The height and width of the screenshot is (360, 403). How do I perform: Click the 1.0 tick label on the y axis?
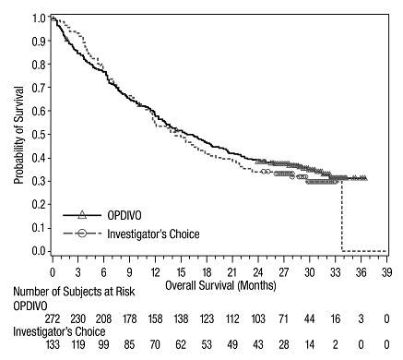[38, 18]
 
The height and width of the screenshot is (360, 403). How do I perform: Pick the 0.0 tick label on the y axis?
[38, 251]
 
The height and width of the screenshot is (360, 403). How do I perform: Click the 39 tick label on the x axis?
[387, 273]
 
